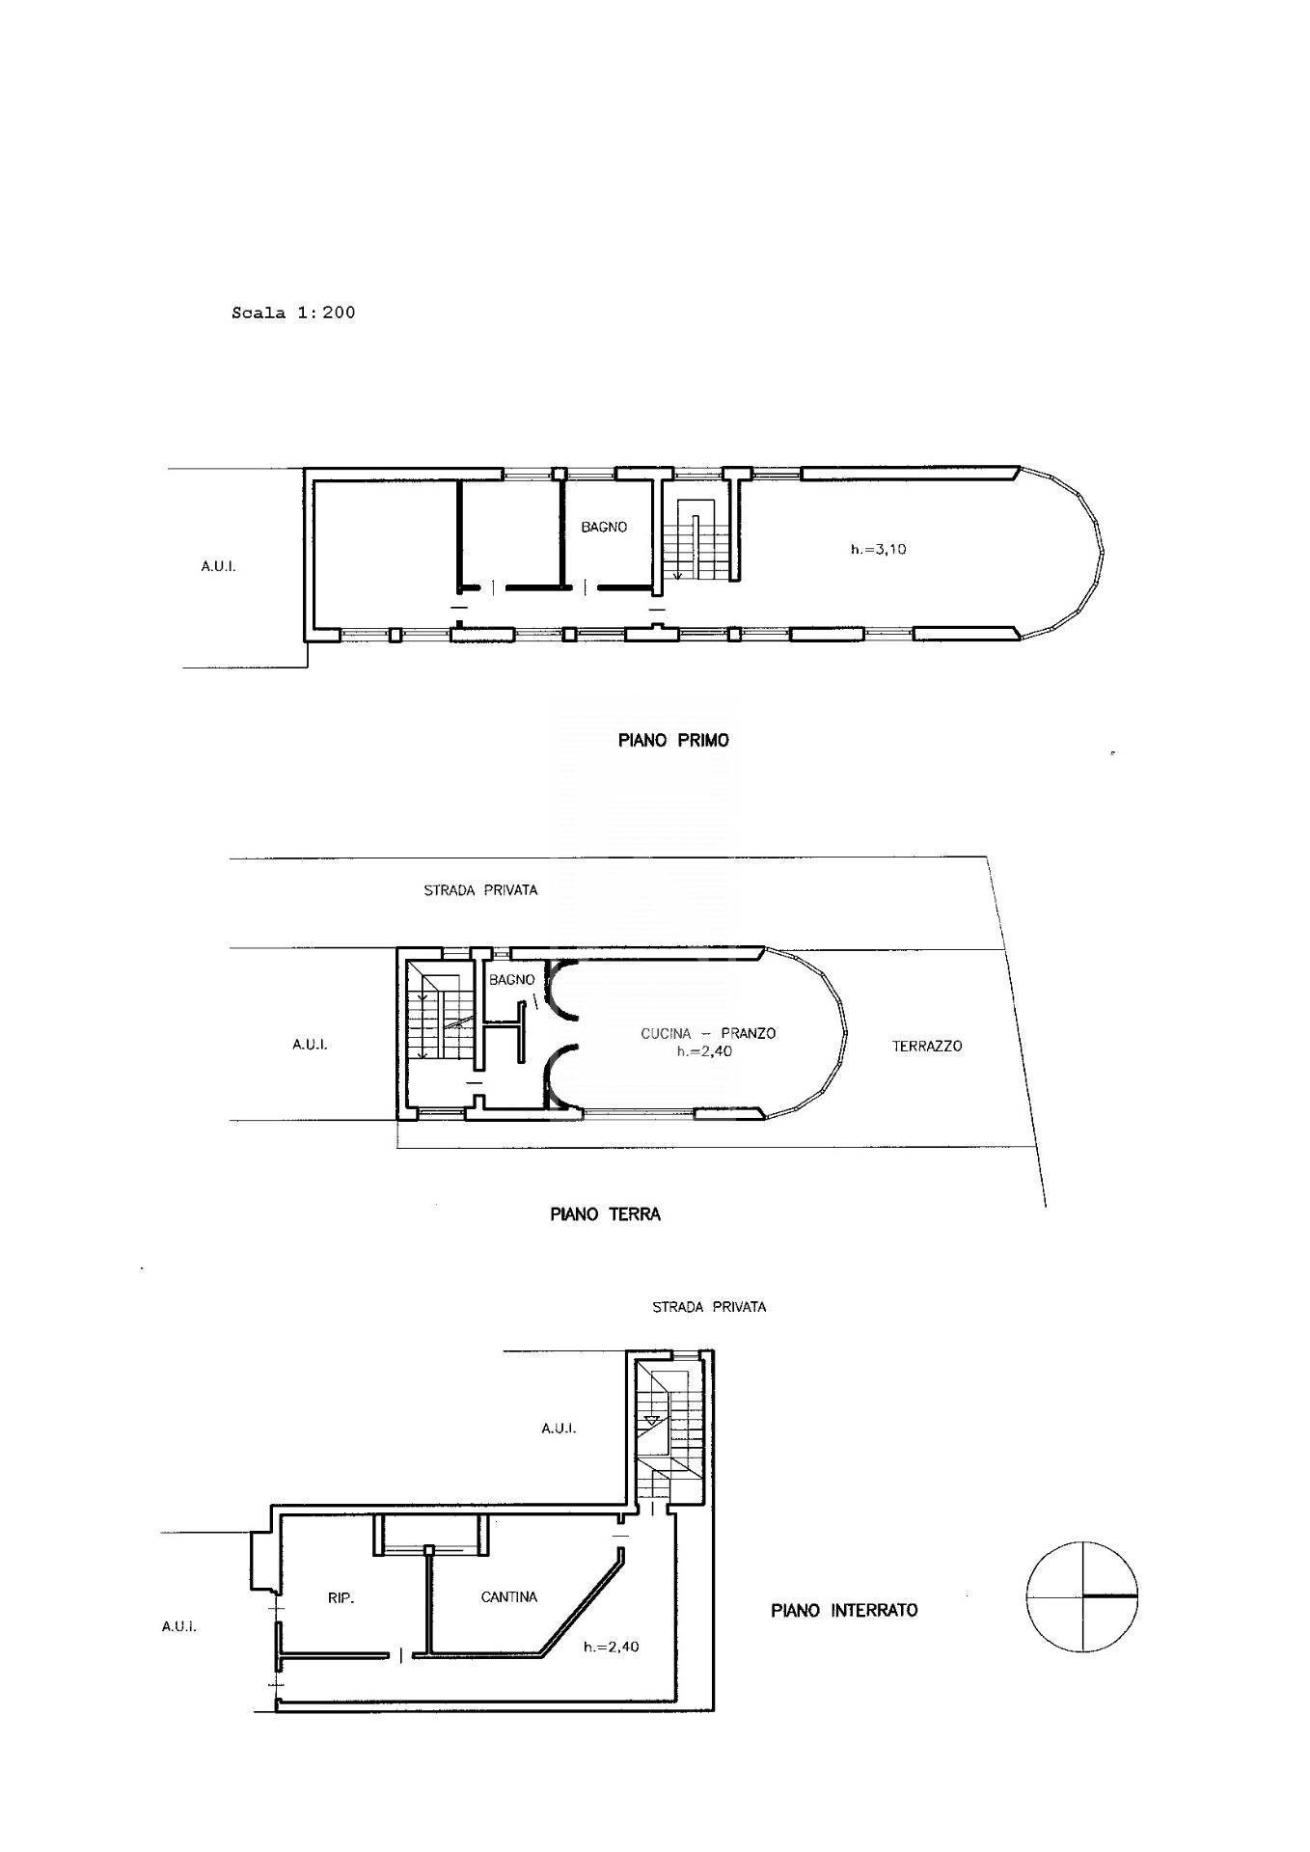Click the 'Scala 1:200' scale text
pyautogui.click(x=293, y=313)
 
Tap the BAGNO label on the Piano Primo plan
pyautogui.click(x=604, y=527)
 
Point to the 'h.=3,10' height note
pyautogui.click(x=878, y=549)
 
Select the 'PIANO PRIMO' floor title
pyautogui.click(x=673, y=740)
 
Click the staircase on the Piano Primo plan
pyautogui.click(x=694, y=540)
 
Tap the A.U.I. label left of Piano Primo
pyautogui.click(x=218, y=566)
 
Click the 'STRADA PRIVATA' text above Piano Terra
pyautogui.click(x=480, y=889)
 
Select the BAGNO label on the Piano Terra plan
pyautogui.click(x=511, y=979)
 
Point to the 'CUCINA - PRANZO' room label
pyautogui.click(x=708, y=1033)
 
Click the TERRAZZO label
pyautogui.click(x=927, y=1046)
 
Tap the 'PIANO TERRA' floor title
pyautogui.click(x=605, y=1214)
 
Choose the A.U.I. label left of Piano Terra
pyautogui.click(x=310, y=1044)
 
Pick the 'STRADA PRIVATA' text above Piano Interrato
pyautogui.click(x=709, y=1307)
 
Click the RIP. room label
pyautogui.click(x=341, y=1598)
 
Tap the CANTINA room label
pyautogui.click(x=509, y=1597)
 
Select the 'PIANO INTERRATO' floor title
pyautogui.click(x=844, y=1610)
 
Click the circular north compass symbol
pyautogui.click(x=1081, y=1597)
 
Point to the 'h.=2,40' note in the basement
pyautogui.click(x=611, y=1647)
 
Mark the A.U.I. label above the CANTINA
pyautogui.click(x=559, y=1428)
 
